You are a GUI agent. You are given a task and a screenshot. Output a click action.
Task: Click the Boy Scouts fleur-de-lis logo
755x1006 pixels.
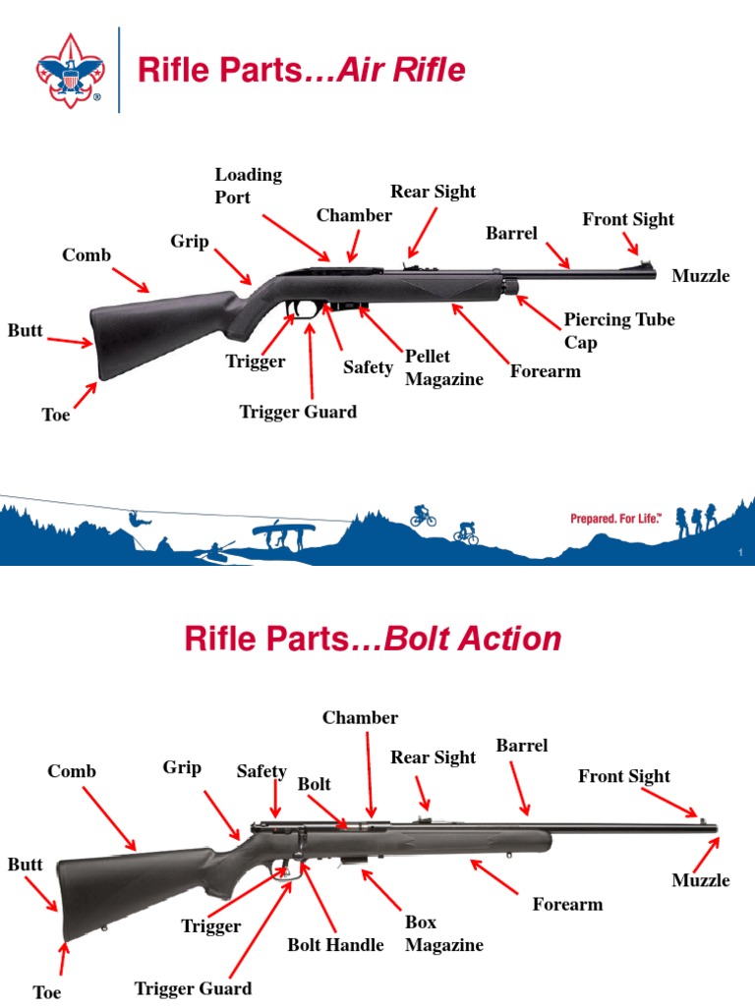pyautogui.click(x=70, y=70)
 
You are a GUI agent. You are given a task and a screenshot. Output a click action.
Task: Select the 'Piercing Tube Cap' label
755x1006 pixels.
pyautogui.click(x=618, y=330)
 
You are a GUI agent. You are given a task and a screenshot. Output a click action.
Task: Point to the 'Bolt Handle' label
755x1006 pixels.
pyautogui.click(x=335, y=945)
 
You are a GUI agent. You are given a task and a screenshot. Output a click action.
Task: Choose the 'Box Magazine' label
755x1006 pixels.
pyautogui.click(x=443, y=934)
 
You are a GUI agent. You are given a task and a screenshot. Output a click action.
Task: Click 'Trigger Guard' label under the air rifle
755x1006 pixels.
pyautogui.click(x=298, y=412)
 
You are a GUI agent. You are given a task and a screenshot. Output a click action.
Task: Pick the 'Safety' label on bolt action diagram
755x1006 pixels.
pyautogui.click(x=261, y=772)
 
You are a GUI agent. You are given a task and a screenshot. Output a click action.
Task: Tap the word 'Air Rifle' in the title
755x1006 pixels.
pyautogui.click(x=401, y=71)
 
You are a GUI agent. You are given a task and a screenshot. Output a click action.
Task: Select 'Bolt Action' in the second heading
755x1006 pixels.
pyautogui.click(x=473, y=640)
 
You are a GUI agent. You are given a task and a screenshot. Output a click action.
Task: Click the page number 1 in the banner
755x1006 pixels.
pyautogui.click(x=739, y=555)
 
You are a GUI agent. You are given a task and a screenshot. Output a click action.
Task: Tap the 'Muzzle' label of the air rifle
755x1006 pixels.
pyautogui.click(x=700, y=276)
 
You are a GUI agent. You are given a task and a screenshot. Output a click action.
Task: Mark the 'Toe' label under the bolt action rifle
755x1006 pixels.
pyautogui.click(x=46, y=992)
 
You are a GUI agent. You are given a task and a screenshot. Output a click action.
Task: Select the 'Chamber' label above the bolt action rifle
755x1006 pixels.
pyautogui.click(x=360, y=718)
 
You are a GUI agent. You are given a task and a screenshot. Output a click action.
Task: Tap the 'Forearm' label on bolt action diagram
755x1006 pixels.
pyautogui.click(x=567, y=904)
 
